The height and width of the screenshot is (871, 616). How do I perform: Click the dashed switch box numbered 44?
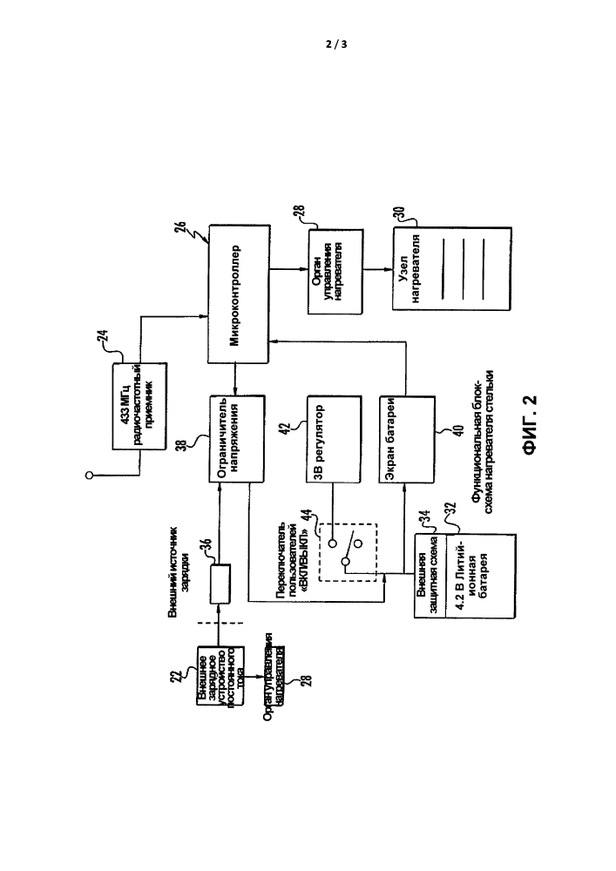coord(346,550)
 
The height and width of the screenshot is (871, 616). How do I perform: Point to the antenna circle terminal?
coord(89,476)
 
